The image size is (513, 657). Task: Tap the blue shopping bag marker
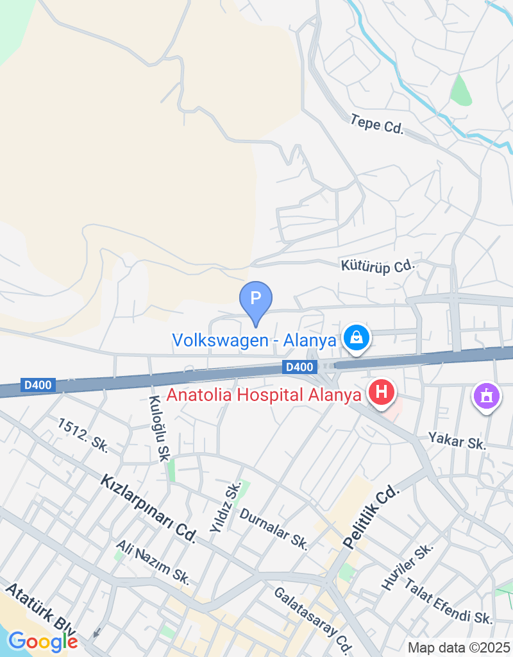353,337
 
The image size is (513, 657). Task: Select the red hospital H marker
382,391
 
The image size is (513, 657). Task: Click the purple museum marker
487,395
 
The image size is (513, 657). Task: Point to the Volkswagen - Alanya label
254,340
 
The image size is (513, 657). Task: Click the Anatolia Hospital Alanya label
264,395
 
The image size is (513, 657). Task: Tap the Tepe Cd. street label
377,124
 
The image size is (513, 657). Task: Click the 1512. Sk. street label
83,436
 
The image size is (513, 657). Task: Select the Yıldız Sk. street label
225,507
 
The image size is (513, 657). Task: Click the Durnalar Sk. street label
274,529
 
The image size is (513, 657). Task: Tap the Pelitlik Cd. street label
371,516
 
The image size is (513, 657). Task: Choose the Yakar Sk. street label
458,441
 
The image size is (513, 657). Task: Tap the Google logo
43,640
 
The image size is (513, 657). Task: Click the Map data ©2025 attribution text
458,647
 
